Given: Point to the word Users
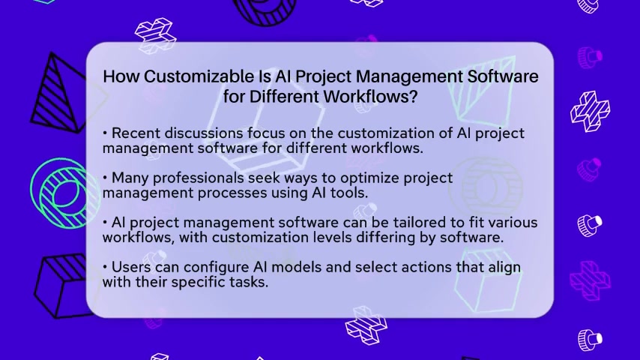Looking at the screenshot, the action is (131, 267).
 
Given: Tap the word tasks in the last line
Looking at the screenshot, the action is (250, 282).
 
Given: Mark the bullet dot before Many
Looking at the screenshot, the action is (105, 178).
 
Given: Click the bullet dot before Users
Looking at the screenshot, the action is (105, 267).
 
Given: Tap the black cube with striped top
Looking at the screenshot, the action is (61, 286).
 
